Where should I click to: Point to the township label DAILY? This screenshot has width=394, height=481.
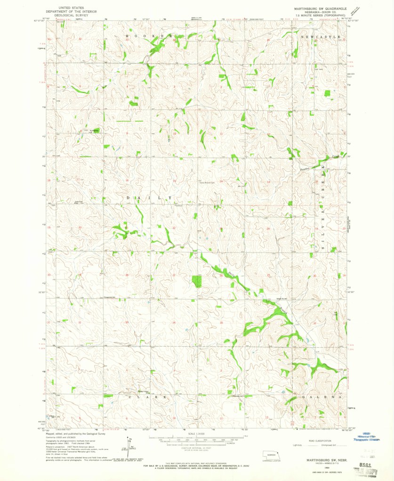(151, 198)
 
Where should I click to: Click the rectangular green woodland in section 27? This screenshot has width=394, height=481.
(197, 282)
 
